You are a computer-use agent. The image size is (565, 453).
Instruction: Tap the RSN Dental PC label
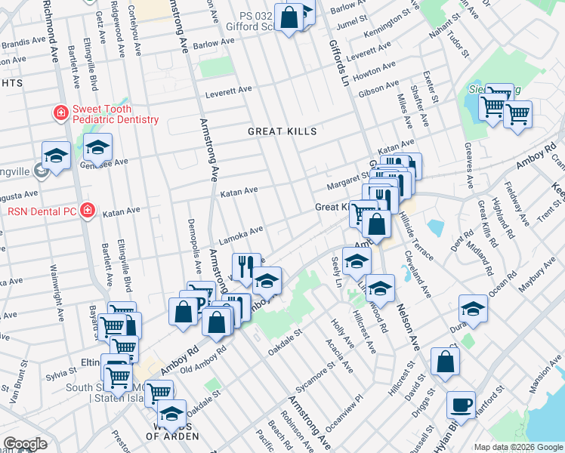click(38, 211)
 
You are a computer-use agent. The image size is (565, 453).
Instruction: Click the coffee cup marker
click(461, 405)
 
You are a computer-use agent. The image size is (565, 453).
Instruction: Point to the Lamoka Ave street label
click(241, 230)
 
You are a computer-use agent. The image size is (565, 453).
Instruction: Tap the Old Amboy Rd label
click(200, 358)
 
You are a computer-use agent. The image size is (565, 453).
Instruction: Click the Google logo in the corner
click(24, 444)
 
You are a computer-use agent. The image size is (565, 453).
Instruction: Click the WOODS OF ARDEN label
click(168, 436)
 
